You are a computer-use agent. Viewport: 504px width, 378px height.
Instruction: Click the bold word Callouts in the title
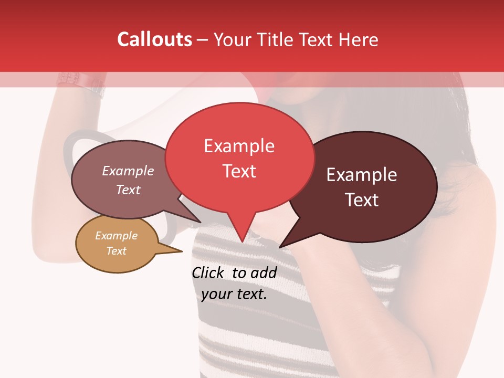click(154, 39)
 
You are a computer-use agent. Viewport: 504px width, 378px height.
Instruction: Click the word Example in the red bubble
click(239, 146)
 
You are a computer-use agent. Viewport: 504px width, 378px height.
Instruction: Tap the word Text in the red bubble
click(239, 171)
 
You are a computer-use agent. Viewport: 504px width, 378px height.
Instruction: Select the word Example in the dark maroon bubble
click(362, 175)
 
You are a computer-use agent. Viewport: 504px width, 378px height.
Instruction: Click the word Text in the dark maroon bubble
click(362, 200)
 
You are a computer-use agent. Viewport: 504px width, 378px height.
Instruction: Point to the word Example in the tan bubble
click(116, 236)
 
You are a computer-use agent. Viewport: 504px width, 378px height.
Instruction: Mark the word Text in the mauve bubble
click(128, 190)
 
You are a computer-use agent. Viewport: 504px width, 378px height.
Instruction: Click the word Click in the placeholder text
click(208, 272)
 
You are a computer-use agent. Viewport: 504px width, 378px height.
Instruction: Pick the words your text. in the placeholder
click(234, 294)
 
